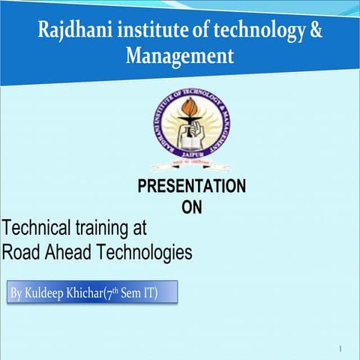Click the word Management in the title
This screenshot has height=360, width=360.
[x=180, y=55]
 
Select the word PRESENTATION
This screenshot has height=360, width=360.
[x=191, y=187]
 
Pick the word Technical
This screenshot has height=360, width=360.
[x=31, y=227]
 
